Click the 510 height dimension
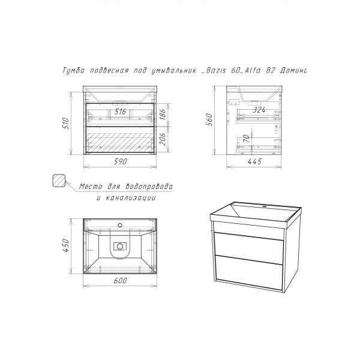tap(65, 123)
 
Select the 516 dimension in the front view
tap(120, 112)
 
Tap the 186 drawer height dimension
tap(163, 114)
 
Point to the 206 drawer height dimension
tap(163, 139)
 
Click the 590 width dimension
tap(120, 161)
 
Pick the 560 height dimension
tap(209, 119)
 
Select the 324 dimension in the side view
tap(259, 110)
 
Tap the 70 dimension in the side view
tap(247, 139)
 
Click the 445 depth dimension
tap(254, 161)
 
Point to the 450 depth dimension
tap(65, 245)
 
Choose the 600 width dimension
tap(120, 280)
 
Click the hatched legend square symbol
tap(59, 181)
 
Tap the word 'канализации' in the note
tap(130, 197)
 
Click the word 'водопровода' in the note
tap(149, 186)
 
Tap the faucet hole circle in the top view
tap(119, 225)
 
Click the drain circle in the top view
tap(119, 247)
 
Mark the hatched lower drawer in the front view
tap(120, 139)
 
